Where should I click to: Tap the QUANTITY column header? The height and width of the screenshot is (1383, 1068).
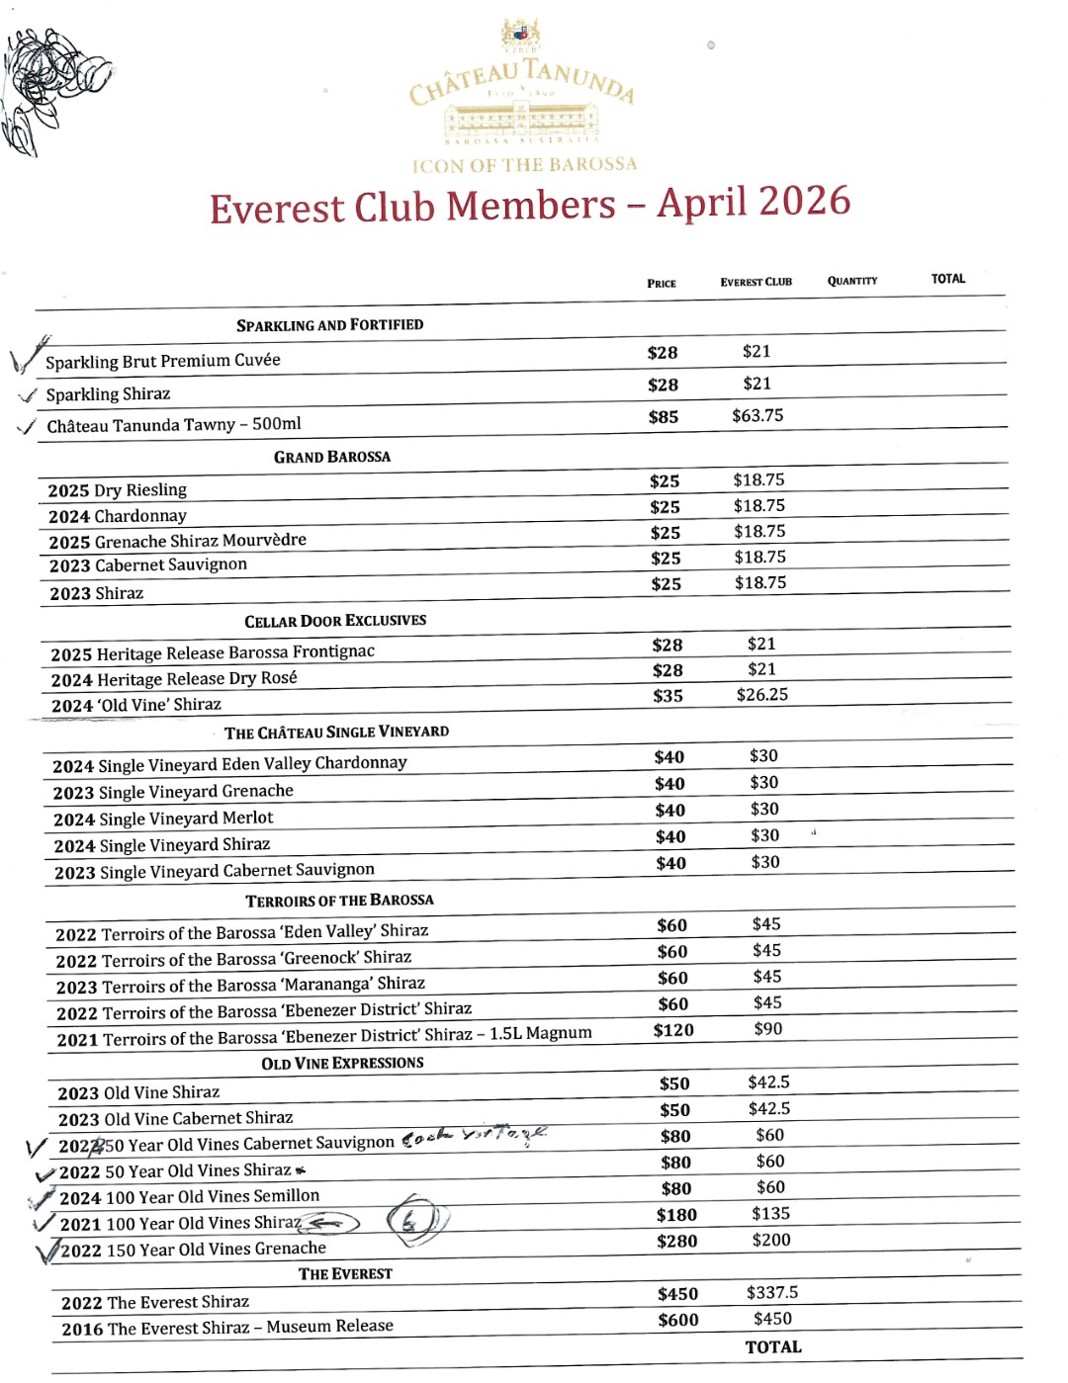pos(852,281)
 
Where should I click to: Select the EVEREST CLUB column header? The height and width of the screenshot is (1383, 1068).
pos(756,282)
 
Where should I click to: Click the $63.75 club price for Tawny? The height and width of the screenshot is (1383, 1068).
pos(757,415)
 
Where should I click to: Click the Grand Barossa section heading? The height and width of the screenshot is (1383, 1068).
pos(332,457)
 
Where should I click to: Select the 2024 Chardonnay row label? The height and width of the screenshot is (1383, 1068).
pos(118,516)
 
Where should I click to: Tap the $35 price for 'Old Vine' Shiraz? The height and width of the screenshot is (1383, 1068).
pos(667,696)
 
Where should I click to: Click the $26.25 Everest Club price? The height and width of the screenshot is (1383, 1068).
pos(762,695)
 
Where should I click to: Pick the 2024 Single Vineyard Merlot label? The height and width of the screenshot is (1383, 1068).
pos(163,819)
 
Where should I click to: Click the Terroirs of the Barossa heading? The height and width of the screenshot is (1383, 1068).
pos(339,901)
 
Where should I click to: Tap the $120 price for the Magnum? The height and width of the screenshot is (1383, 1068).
pos(673,1030)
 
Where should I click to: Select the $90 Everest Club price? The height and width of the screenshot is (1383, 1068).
pos(768,1029)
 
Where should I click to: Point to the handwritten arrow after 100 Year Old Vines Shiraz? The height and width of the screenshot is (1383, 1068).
pos(330,1224)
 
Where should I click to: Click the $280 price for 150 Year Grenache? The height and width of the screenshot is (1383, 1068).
pos(677,1242)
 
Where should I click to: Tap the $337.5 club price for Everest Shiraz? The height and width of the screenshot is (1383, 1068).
pos(772,1293)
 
